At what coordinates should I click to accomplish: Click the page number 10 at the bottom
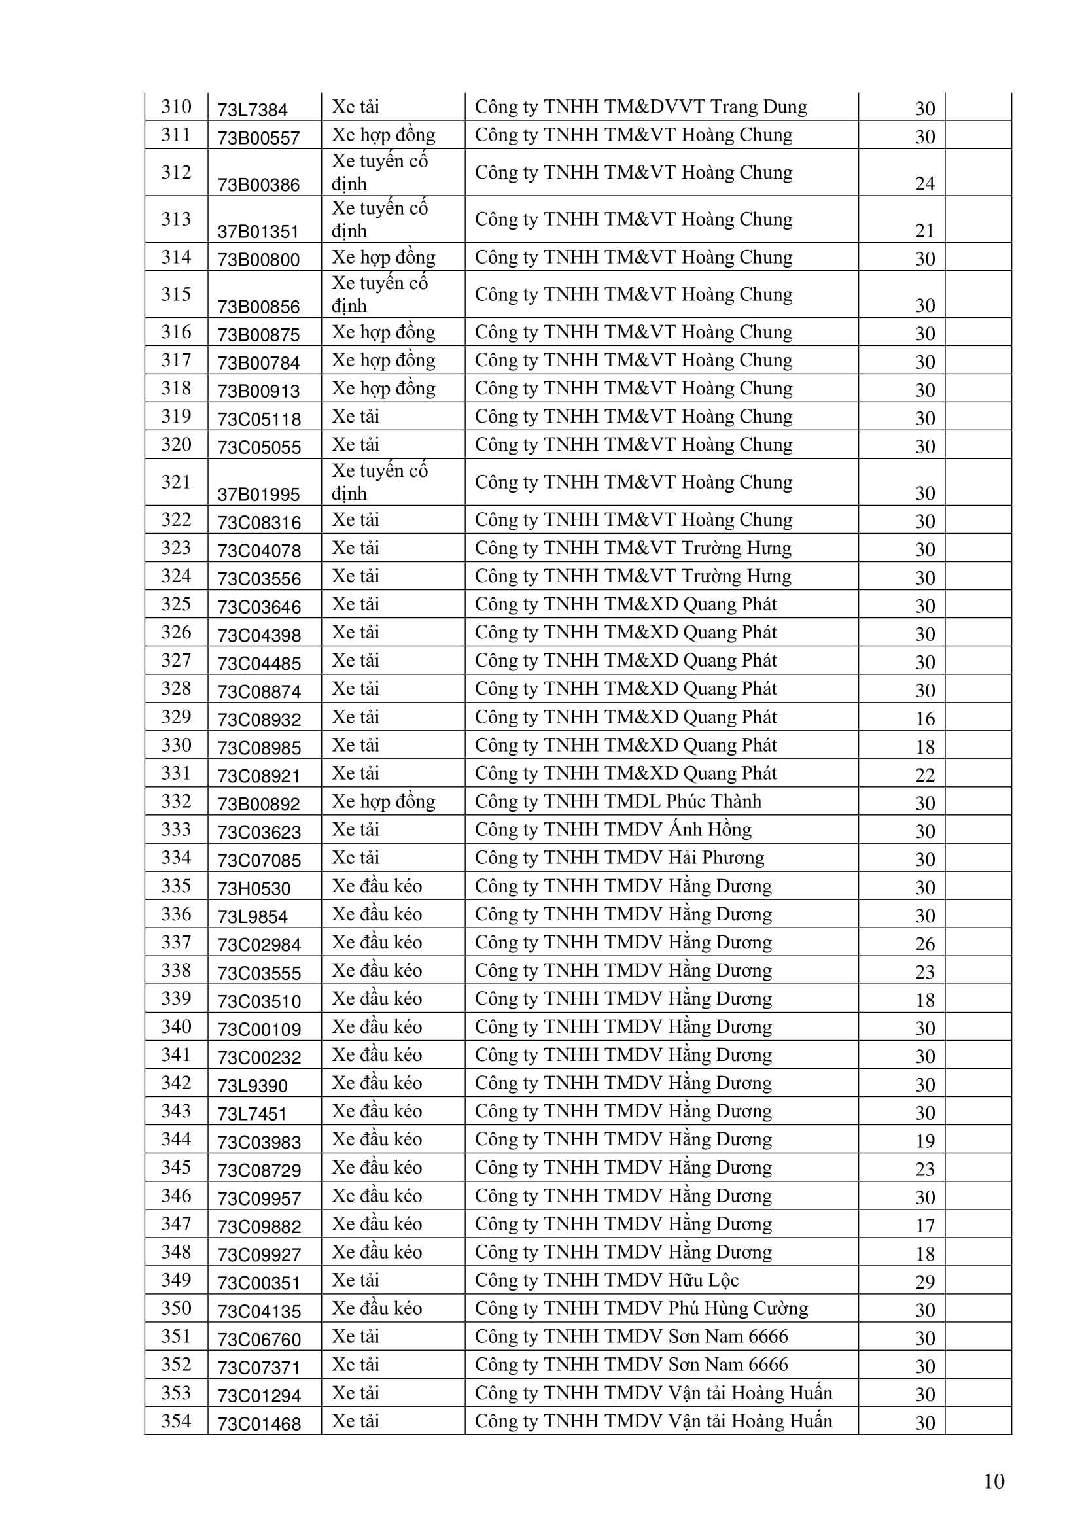pos(994,1482)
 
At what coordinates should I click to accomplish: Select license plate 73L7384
pos(253,110)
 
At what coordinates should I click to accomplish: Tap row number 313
pos(176,219)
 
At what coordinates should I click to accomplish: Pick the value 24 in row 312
pos(924,183)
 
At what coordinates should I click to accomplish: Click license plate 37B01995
pos(258,495)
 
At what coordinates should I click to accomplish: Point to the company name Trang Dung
pos(640,107)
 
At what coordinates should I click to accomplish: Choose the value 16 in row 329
pos(924,718)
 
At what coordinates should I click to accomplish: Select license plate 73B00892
pos(258,805)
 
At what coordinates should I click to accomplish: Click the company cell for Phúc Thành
pos(618,801)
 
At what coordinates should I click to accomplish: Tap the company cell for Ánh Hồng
pos(613,829)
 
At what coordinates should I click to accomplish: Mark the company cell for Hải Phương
pos(619,858)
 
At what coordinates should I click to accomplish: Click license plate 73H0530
pos(254,889)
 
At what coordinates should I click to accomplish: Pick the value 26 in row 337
pos(924,944)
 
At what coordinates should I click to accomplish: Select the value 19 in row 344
pos(924,1141)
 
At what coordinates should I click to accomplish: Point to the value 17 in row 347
pos(924,1225)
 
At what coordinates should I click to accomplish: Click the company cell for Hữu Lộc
pos(606,1280)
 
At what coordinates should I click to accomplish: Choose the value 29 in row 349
pos(924,1281)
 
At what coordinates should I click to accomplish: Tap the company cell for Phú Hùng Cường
pos(641,1308)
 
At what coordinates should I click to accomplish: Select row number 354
pos(176,1421)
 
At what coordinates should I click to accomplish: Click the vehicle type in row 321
pos(380,482)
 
